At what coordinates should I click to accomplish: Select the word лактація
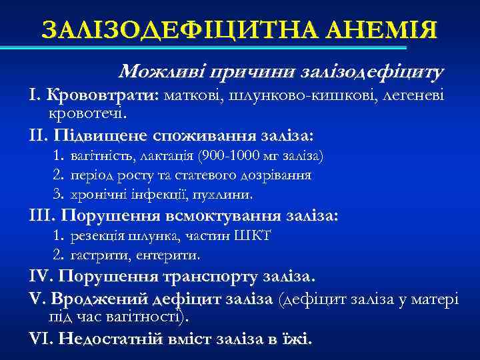click(167, 157)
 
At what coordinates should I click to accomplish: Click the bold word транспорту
click(211, 276)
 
